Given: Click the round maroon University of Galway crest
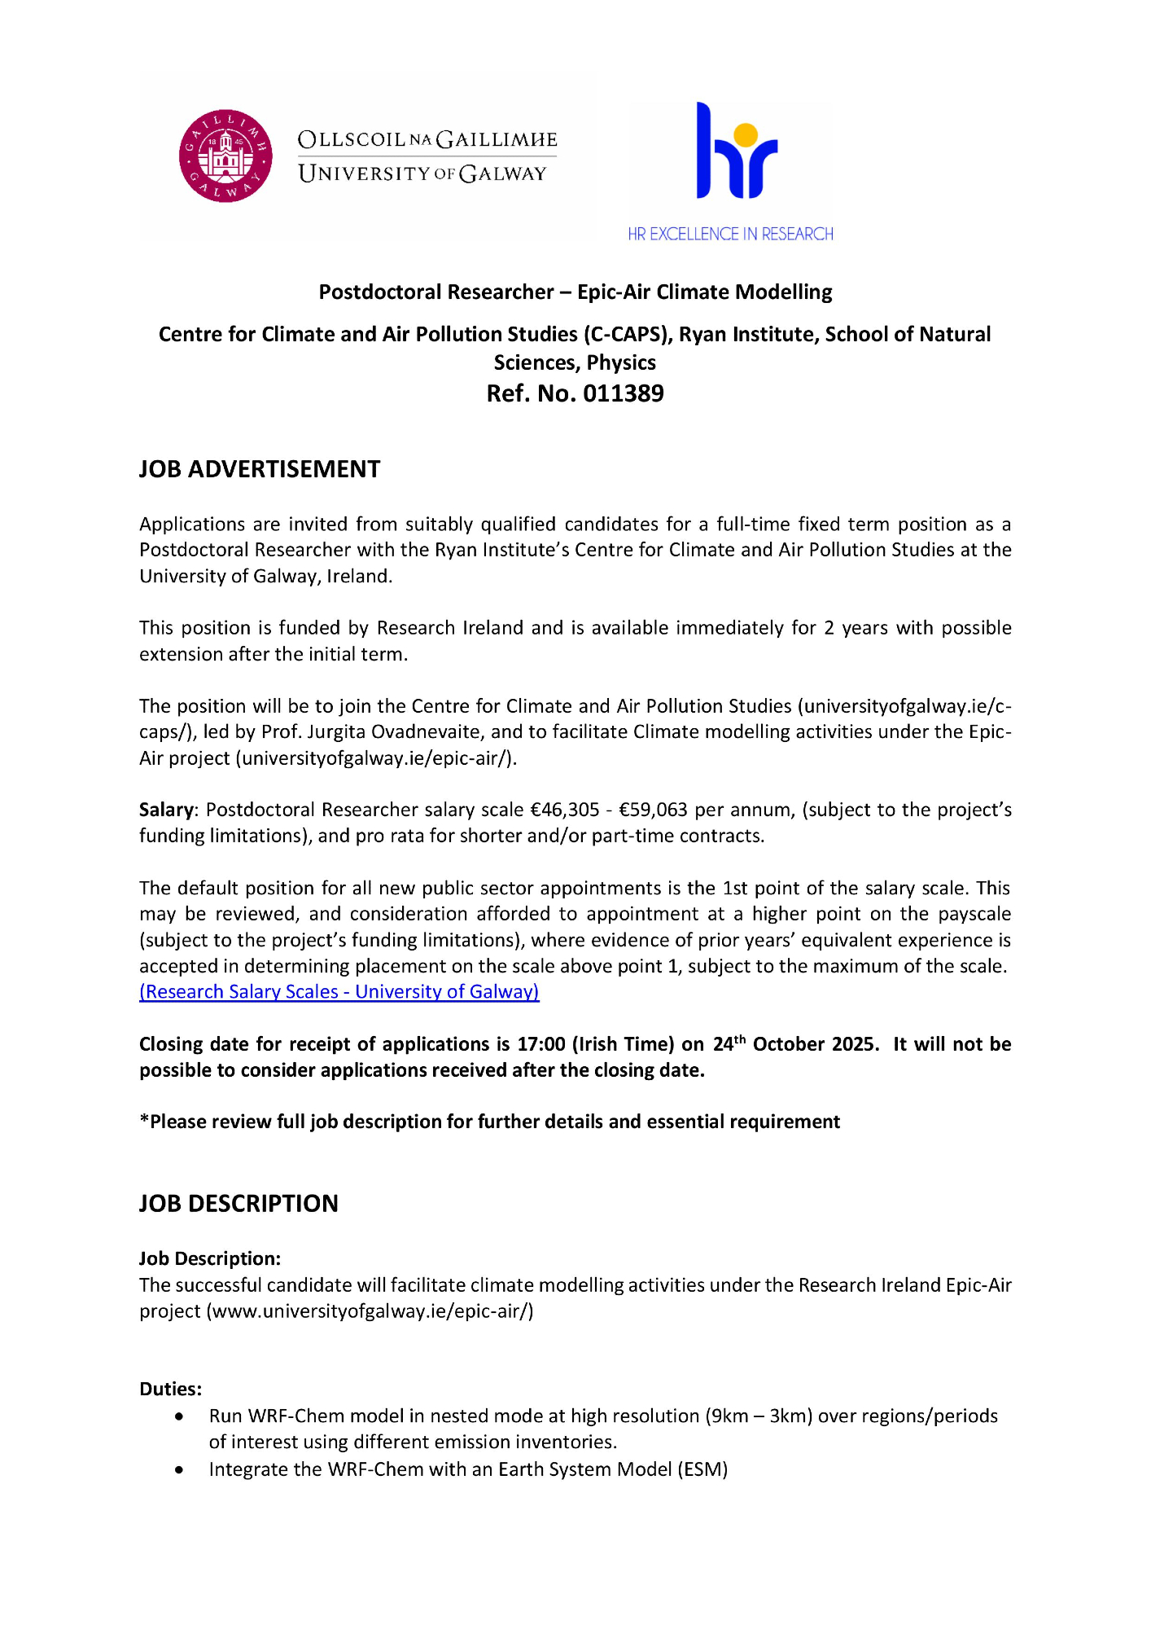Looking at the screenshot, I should (x=225, y=156).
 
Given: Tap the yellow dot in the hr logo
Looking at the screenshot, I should (x=746, y=134).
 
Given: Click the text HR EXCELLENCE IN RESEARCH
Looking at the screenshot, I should (x=730, y=235).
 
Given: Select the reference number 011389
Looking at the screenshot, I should (x=623, y=393).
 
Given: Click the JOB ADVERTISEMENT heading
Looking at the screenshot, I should (x=260, y=469).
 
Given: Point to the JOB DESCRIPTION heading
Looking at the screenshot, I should (x=239, y=1204).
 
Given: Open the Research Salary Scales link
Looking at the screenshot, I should (x=339, y=992).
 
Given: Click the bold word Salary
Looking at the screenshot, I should (x=166, y=810).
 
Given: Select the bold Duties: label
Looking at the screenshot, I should (x=170, y=1389).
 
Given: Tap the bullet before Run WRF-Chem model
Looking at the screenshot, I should (x=179, y=1417).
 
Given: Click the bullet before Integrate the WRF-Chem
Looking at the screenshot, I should (x=179, y=1470).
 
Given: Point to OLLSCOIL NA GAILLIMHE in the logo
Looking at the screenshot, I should (x=427, y=139).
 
